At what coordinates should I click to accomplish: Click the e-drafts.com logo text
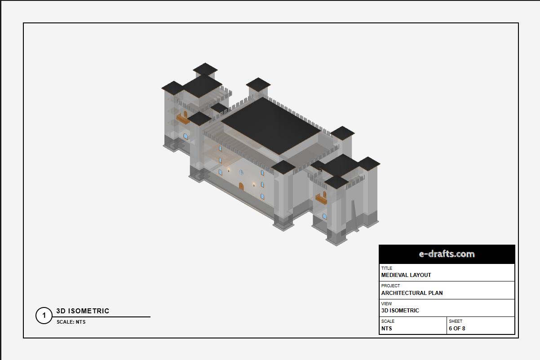tap(447, 254)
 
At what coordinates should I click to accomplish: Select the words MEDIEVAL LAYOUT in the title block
tap(406, 275)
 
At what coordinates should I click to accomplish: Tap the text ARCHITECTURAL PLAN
tap(412, 293)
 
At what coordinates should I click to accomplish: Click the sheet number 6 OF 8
tap(457, 329)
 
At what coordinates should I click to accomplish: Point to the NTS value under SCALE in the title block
tap(386, 329)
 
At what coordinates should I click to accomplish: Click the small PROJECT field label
tap(390, 286)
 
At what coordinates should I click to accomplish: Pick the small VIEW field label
tap(386, 303)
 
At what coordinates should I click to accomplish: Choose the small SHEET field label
tap(456, 321)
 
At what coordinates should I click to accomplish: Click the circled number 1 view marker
tap(44, 316)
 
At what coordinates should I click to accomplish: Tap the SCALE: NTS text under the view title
tap(71, 322)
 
